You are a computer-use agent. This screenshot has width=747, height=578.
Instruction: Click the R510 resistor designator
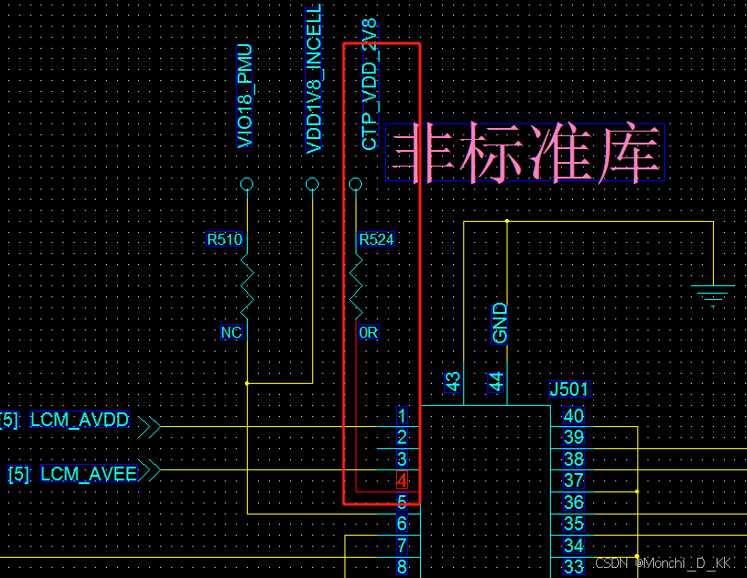(x=224, y=240)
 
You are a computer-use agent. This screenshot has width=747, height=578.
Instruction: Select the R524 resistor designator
(x=377, y=240)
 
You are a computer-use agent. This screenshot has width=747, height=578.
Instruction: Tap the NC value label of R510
(x=231, y=332)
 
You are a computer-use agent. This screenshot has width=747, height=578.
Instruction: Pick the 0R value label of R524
(x=368, y=332)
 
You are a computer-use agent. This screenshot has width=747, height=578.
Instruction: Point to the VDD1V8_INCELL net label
(x=313, y=81)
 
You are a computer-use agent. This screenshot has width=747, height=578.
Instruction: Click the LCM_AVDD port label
(x=80, y=421)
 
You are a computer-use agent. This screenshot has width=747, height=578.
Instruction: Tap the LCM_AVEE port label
(x=88, y=474)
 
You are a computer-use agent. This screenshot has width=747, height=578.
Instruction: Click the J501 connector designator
(x=568, y=389)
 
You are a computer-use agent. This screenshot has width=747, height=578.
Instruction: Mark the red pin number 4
(x=402, y=480)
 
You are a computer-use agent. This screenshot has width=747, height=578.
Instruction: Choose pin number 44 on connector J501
(x=497, y=382)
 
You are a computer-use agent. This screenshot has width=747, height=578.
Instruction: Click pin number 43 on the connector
(x=452, y=382)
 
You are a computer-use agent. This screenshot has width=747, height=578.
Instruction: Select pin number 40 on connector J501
(x=574, y=416)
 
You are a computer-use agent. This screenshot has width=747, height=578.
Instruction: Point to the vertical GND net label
(x=500, y=323)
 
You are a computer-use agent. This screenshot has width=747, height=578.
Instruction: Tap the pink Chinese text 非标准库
(x=525, y=152)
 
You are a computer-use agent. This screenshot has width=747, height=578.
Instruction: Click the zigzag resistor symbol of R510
(x=246, y=285)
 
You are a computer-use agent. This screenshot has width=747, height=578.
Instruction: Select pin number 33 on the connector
(x=574, y=567)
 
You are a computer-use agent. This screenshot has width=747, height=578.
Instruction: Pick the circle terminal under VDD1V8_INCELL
(x=312, y=185)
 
